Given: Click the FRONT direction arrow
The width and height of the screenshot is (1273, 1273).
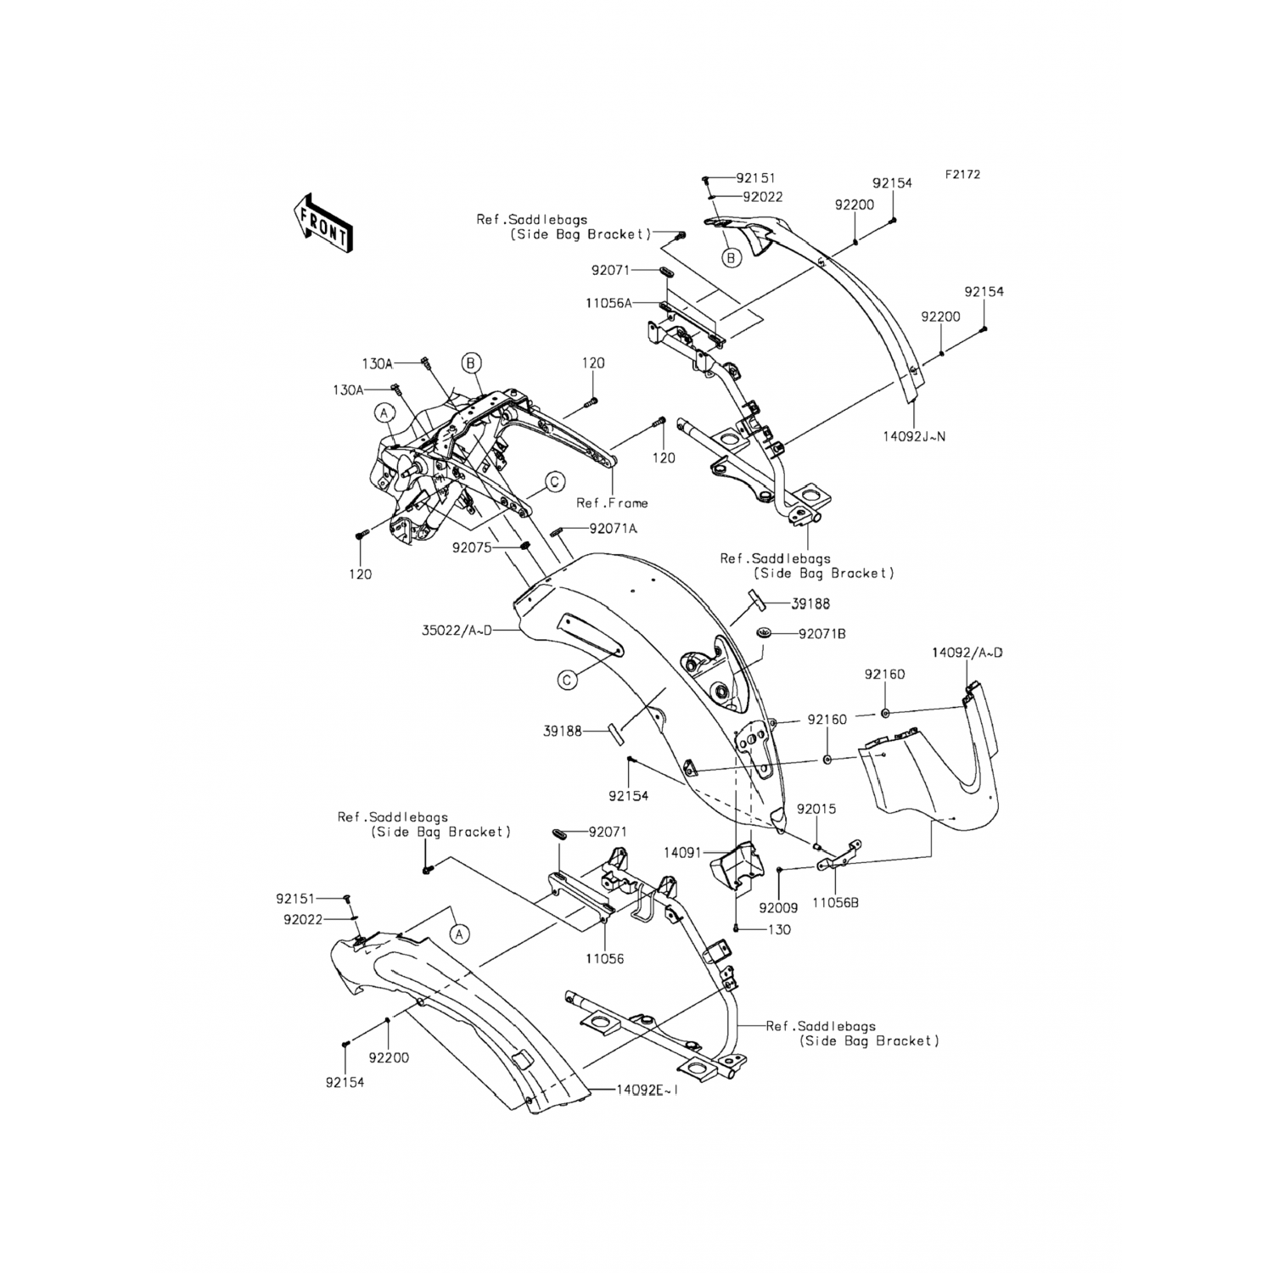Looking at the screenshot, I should (x=323, y=222).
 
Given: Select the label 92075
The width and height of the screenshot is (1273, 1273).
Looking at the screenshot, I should (x=471, y=548).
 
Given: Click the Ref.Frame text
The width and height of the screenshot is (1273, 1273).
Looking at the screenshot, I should (x=612, y=502).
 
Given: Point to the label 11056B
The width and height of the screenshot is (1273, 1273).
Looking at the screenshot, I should (x=835, y=904).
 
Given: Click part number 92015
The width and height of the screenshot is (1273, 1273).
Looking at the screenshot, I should (x=816, y=809).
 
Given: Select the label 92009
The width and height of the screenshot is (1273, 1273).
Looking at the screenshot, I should (x=778, y=908).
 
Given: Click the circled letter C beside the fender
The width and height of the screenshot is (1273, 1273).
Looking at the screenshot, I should (x=568, y=679).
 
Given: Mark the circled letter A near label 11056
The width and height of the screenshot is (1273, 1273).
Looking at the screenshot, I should (x=459, y=934).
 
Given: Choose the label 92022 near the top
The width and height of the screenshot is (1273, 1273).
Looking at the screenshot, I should (x=762, y=197).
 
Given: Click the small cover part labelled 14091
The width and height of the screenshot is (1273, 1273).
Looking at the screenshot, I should (x=731, y=866).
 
